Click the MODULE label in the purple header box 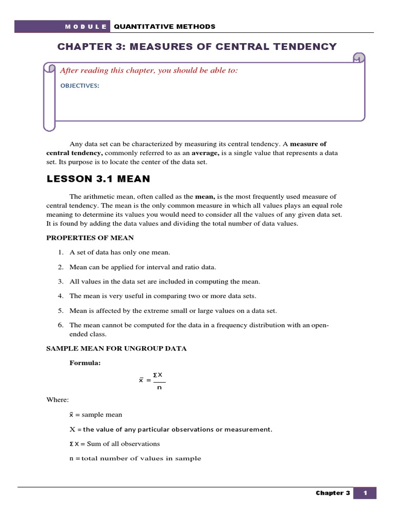point(86,27)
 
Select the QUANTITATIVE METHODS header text point(164,27)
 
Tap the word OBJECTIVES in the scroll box point(80,86)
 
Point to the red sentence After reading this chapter point(149,70)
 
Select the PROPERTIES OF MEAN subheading point(90,237)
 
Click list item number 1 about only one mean point(120,252)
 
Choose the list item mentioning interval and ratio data point(143,267)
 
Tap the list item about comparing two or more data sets point(163,296)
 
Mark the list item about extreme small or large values point(173,311)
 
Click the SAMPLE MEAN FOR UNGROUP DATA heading point(116,348)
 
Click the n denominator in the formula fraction point(159,388)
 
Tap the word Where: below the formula point(57,399)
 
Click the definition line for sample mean point(96,414)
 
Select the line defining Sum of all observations point(115,443)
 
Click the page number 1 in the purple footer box point(366,493)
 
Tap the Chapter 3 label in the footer point(333,493)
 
